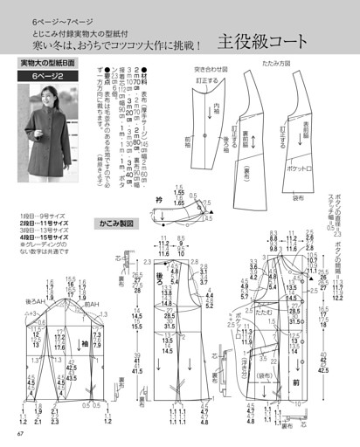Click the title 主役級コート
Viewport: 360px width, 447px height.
click(x=263, y=40)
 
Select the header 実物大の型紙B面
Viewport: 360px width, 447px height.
click(x=52, y=64)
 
